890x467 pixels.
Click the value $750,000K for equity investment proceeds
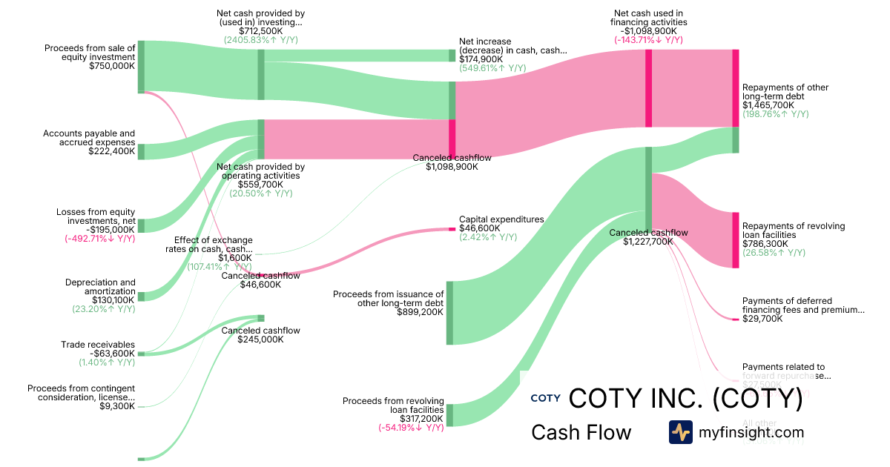[111, 66]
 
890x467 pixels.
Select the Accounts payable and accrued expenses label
[89, 138]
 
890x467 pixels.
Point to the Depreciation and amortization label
[100, 287]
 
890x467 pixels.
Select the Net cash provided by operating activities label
[260, 171]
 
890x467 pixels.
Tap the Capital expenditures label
[501, 219]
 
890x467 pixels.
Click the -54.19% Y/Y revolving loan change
[411, 428]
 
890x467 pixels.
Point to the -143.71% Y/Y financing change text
[648, 41]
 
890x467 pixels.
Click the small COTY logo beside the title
[545, 399]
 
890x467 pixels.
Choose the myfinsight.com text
[751, 432]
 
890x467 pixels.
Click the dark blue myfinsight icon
[680, 432]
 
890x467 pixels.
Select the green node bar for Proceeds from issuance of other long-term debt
[449, 313]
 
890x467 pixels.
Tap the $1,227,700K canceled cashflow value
[648, 242]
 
